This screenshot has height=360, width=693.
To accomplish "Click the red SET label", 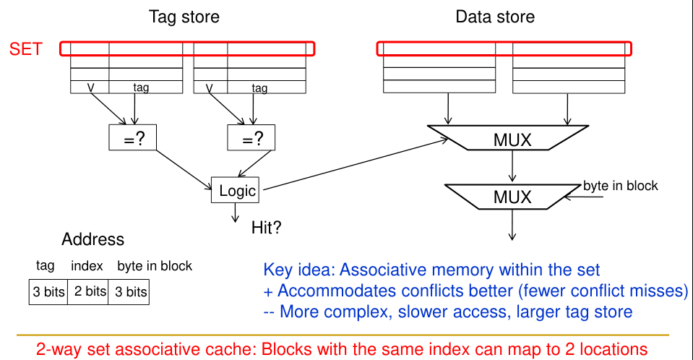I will point(25,50).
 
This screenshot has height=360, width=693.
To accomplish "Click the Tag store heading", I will point(184,16).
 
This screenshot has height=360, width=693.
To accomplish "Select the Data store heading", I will point(495,16).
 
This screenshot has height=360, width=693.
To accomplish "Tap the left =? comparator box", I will point(132,137).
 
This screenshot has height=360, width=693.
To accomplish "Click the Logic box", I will point(235,190).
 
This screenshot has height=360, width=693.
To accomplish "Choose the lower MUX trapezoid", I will point(512,196).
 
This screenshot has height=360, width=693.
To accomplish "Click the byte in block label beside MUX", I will point(621,186).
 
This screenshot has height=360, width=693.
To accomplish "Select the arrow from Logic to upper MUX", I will point(347,164).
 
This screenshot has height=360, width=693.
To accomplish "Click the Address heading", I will point(92,240).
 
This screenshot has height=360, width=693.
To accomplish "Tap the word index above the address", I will point(87,266).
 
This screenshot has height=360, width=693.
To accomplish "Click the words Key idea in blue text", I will point(299,270).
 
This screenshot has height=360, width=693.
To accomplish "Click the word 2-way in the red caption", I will point(57,349).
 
